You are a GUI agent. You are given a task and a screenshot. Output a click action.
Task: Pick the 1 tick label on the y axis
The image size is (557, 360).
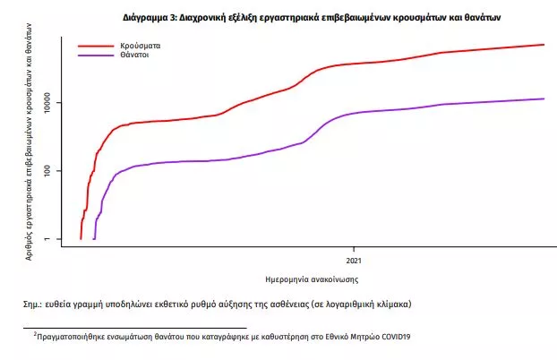coord(51,239)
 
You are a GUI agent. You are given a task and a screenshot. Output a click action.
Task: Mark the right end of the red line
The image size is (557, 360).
coord(544,45)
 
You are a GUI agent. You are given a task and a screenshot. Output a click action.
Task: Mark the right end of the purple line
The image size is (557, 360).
coord(544,99)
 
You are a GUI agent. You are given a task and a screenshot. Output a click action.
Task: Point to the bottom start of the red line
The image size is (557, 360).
coord(81,238)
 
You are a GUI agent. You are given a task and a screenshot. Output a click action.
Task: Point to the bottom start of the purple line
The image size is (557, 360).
coord(94,238)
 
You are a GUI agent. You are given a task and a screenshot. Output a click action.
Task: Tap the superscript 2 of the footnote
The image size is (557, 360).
coord(35,334)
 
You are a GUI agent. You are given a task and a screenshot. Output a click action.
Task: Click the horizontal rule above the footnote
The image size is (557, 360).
coord(134,329)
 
